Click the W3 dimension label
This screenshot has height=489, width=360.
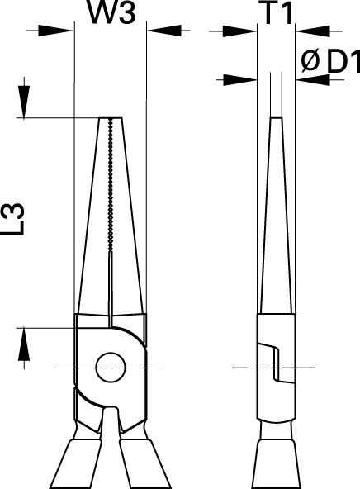pyautogui.click(x=112, y=12)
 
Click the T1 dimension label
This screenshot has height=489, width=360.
pyautogui.click(x=278, y=13)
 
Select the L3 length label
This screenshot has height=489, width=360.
pyautogui.click(x=15, y=219)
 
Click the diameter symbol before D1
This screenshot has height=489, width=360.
pyautogui.click(x=310, y=60)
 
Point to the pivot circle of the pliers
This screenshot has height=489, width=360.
pyautogui.click(x=111, y=368)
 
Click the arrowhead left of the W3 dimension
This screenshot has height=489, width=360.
pyautogui.click(x=55, y=31)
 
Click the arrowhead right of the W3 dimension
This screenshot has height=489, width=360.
pyautogui.click(x=164, y=31)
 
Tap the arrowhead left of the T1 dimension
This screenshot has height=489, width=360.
pyautogui.click(x=239, y=31)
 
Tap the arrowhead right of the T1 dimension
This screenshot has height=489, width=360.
pyautogui.click(x=313, y=31)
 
